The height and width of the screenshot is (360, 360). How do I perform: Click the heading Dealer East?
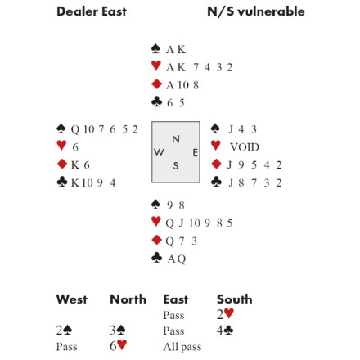[x=92, y=11]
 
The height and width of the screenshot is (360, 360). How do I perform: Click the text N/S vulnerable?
[x=256, y=11]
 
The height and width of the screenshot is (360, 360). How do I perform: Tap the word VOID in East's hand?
[x=245, y=147]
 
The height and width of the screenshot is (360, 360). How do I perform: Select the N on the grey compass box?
[x=176, y=139]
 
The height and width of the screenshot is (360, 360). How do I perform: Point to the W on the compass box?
[x=159, y=152]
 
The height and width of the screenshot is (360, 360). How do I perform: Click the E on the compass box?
[x=196, y=153]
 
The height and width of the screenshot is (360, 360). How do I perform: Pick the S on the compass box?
[x=176, y=165]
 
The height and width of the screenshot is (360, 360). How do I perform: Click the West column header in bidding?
[x=72, y=299]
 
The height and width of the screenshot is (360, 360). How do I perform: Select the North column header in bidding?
[x=128, y=299]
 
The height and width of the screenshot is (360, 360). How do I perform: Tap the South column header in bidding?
[x=235, y=299]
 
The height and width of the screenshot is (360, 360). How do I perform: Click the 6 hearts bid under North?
[x=119, y=346]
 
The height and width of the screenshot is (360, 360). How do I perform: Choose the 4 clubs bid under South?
[x=225, y=331]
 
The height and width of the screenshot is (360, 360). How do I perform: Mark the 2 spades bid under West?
[x=64, y=331]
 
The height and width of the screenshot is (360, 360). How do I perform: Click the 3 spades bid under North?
[x=118, y=331]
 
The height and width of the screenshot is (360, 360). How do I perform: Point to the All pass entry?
[x=182, y=347]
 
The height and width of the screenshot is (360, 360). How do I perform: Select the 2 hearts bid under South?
[x=225, y=314]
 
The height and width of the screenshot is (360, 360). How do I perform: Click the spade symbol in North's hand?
[x=155, y=48]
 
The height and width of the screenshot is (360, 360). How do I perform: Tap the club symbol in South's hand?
[x=156, y=258]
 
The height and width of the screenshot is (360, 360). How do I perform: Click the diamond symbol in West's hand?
[x=62, y=164]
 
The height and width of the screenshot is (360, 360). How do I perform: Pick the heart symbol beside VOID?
[x=216, y=146]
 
